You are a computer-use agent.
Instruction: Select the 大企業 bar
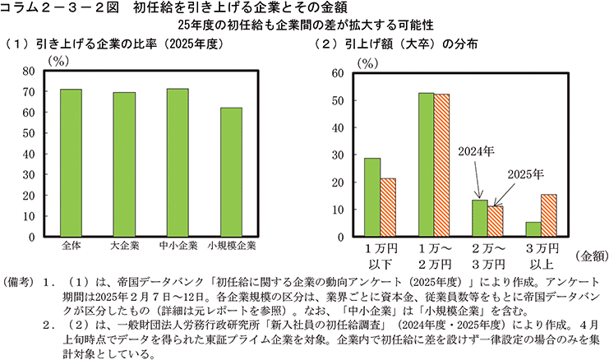coord(124,164)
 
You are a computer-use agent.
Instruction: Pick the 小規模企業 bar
coord(231,173)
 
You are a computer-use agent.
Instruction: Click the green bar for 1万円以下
coord(372,197)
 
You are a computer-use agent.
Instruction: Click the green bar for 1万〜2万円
coord(426,164)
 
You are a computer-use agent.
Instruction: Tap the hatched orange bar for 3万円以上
coord(549,215)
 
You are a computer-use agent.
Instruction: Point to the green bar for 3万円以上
coord(533,229)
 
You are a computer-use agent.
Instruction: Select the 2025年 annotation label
coord(526,173)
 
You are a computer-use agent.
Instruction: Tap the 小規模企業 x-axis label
coord(232,246)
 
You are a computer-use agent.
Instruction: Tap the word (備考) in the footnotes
coord(18,279)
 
